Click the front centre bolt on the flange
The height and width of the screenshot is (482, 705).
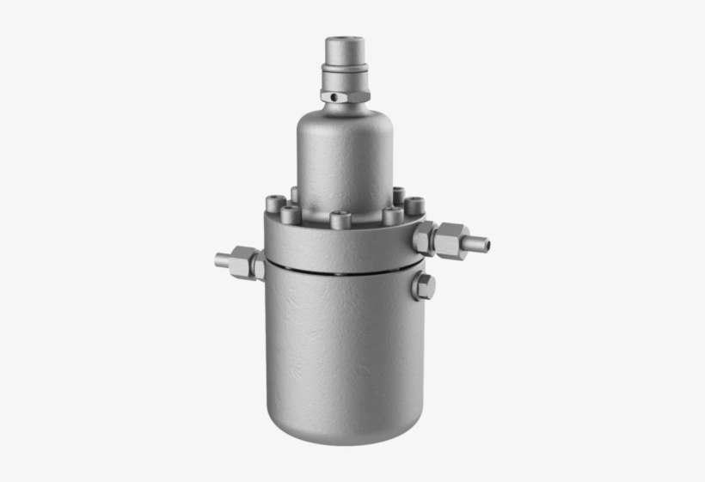(341, 220)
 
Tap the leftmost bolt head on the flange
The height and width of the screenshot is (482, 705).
(276, 204)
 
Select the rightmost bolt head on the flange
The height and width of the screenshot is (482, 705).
(414, 206)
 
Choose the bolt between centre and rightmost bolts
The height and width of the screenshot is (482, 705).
(393, 216)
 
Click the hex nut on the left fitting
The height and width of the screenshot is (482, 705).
(244, 262)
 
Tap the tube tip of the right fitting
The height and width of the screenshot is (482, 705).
(478, 244)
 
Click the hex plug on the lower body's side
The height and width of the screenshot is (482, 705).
(423, 286)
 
